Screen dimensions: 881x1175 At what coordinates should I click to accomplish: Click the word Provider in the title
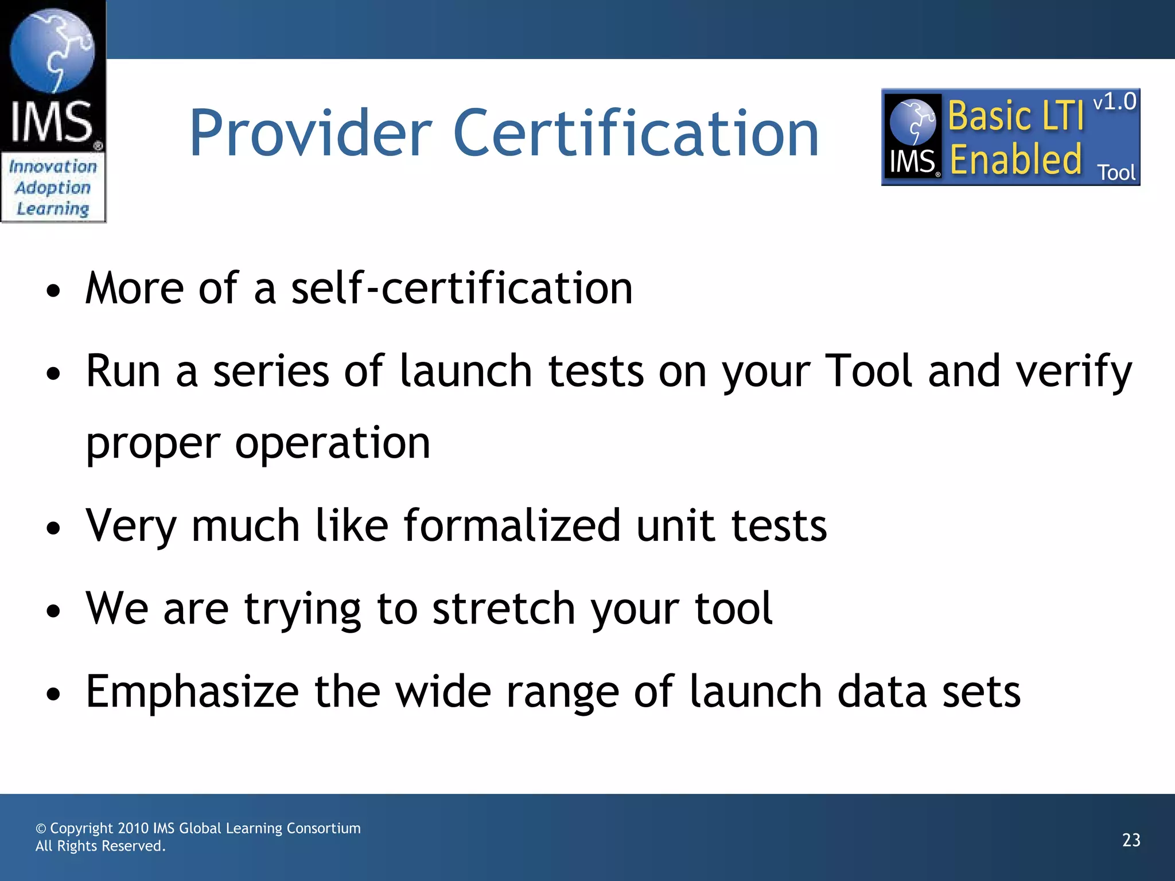click(310, 133)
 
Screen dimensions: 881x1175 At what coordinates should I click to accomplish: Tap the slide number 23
click(1131, 840)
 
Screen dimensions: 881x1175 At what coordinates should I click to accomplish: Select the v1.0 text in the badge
click(1114, 103)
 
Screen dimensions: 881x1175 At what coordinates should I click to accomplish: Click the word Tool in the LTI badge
click(1116, 173)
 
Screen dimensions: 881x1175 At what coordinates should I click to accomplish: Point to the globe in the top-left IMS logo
click(52, 50)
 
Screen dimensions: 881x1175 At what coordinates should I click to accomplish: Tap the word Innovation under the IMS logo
click(53, 167)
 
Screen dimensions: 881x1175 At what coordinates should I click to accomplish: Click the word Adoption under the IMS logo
click(53, 188)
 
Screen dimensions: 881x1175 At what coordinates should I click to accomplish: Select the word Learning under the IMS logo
click(53, 209)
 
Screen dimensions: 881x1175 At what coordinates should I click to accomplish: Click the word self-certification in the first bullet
click(462, 288)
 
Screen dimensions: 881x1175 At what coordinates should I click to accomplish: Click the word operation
click(332, 443)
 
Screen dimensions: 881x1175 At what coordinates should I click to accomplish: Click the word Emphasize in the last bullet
click(192, 692)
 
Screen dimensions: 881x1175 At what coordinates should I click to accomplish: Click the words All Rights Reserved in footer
click(100, 846)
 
